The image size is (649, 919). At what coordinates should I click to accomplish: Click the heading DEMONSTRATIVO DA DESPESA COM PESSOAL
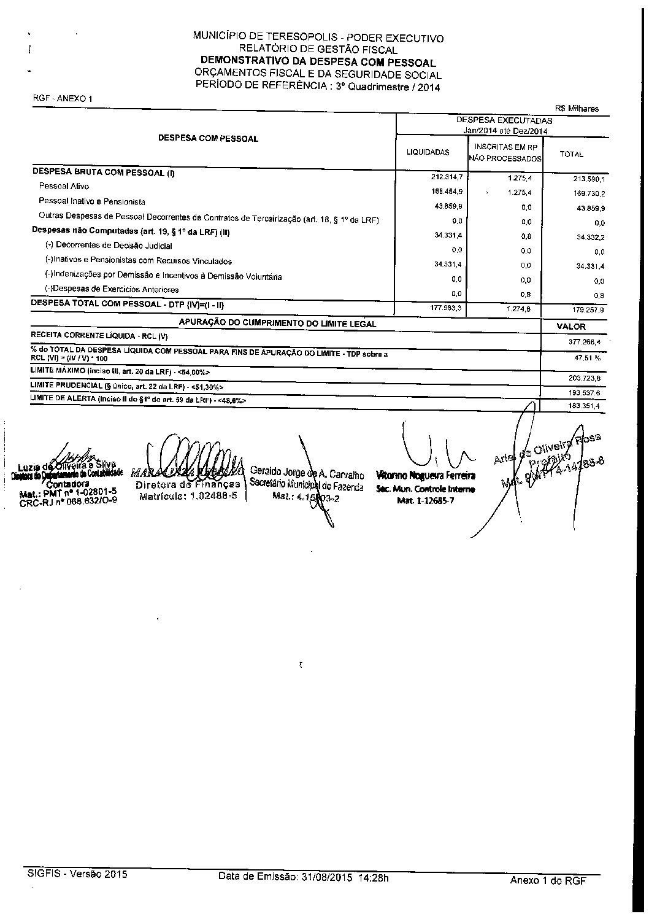click(318, 63)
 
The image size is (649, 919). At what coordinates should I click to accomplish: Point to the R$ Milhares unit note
click(577, 109)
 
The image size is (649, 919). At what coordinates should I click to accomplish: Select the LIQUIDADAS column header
click(428, 152)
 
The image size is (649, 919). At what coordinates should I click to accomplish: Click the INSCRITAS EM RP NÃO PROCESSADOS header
click(505, 153)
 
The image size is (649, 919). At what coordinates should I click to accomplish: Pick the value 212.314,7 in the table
click(447, 177)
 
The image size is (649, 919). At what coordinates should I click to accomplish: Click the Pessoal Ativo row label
click(64, 186)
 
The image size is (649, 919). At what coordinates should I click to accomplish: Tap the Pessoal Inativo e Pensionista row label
click(92, 201)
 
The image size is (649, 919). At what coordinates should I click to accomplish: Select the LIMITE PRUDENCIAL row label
click(127, 386)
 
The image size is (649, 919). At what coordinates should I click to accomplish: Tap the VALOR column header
click(570, 327)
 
